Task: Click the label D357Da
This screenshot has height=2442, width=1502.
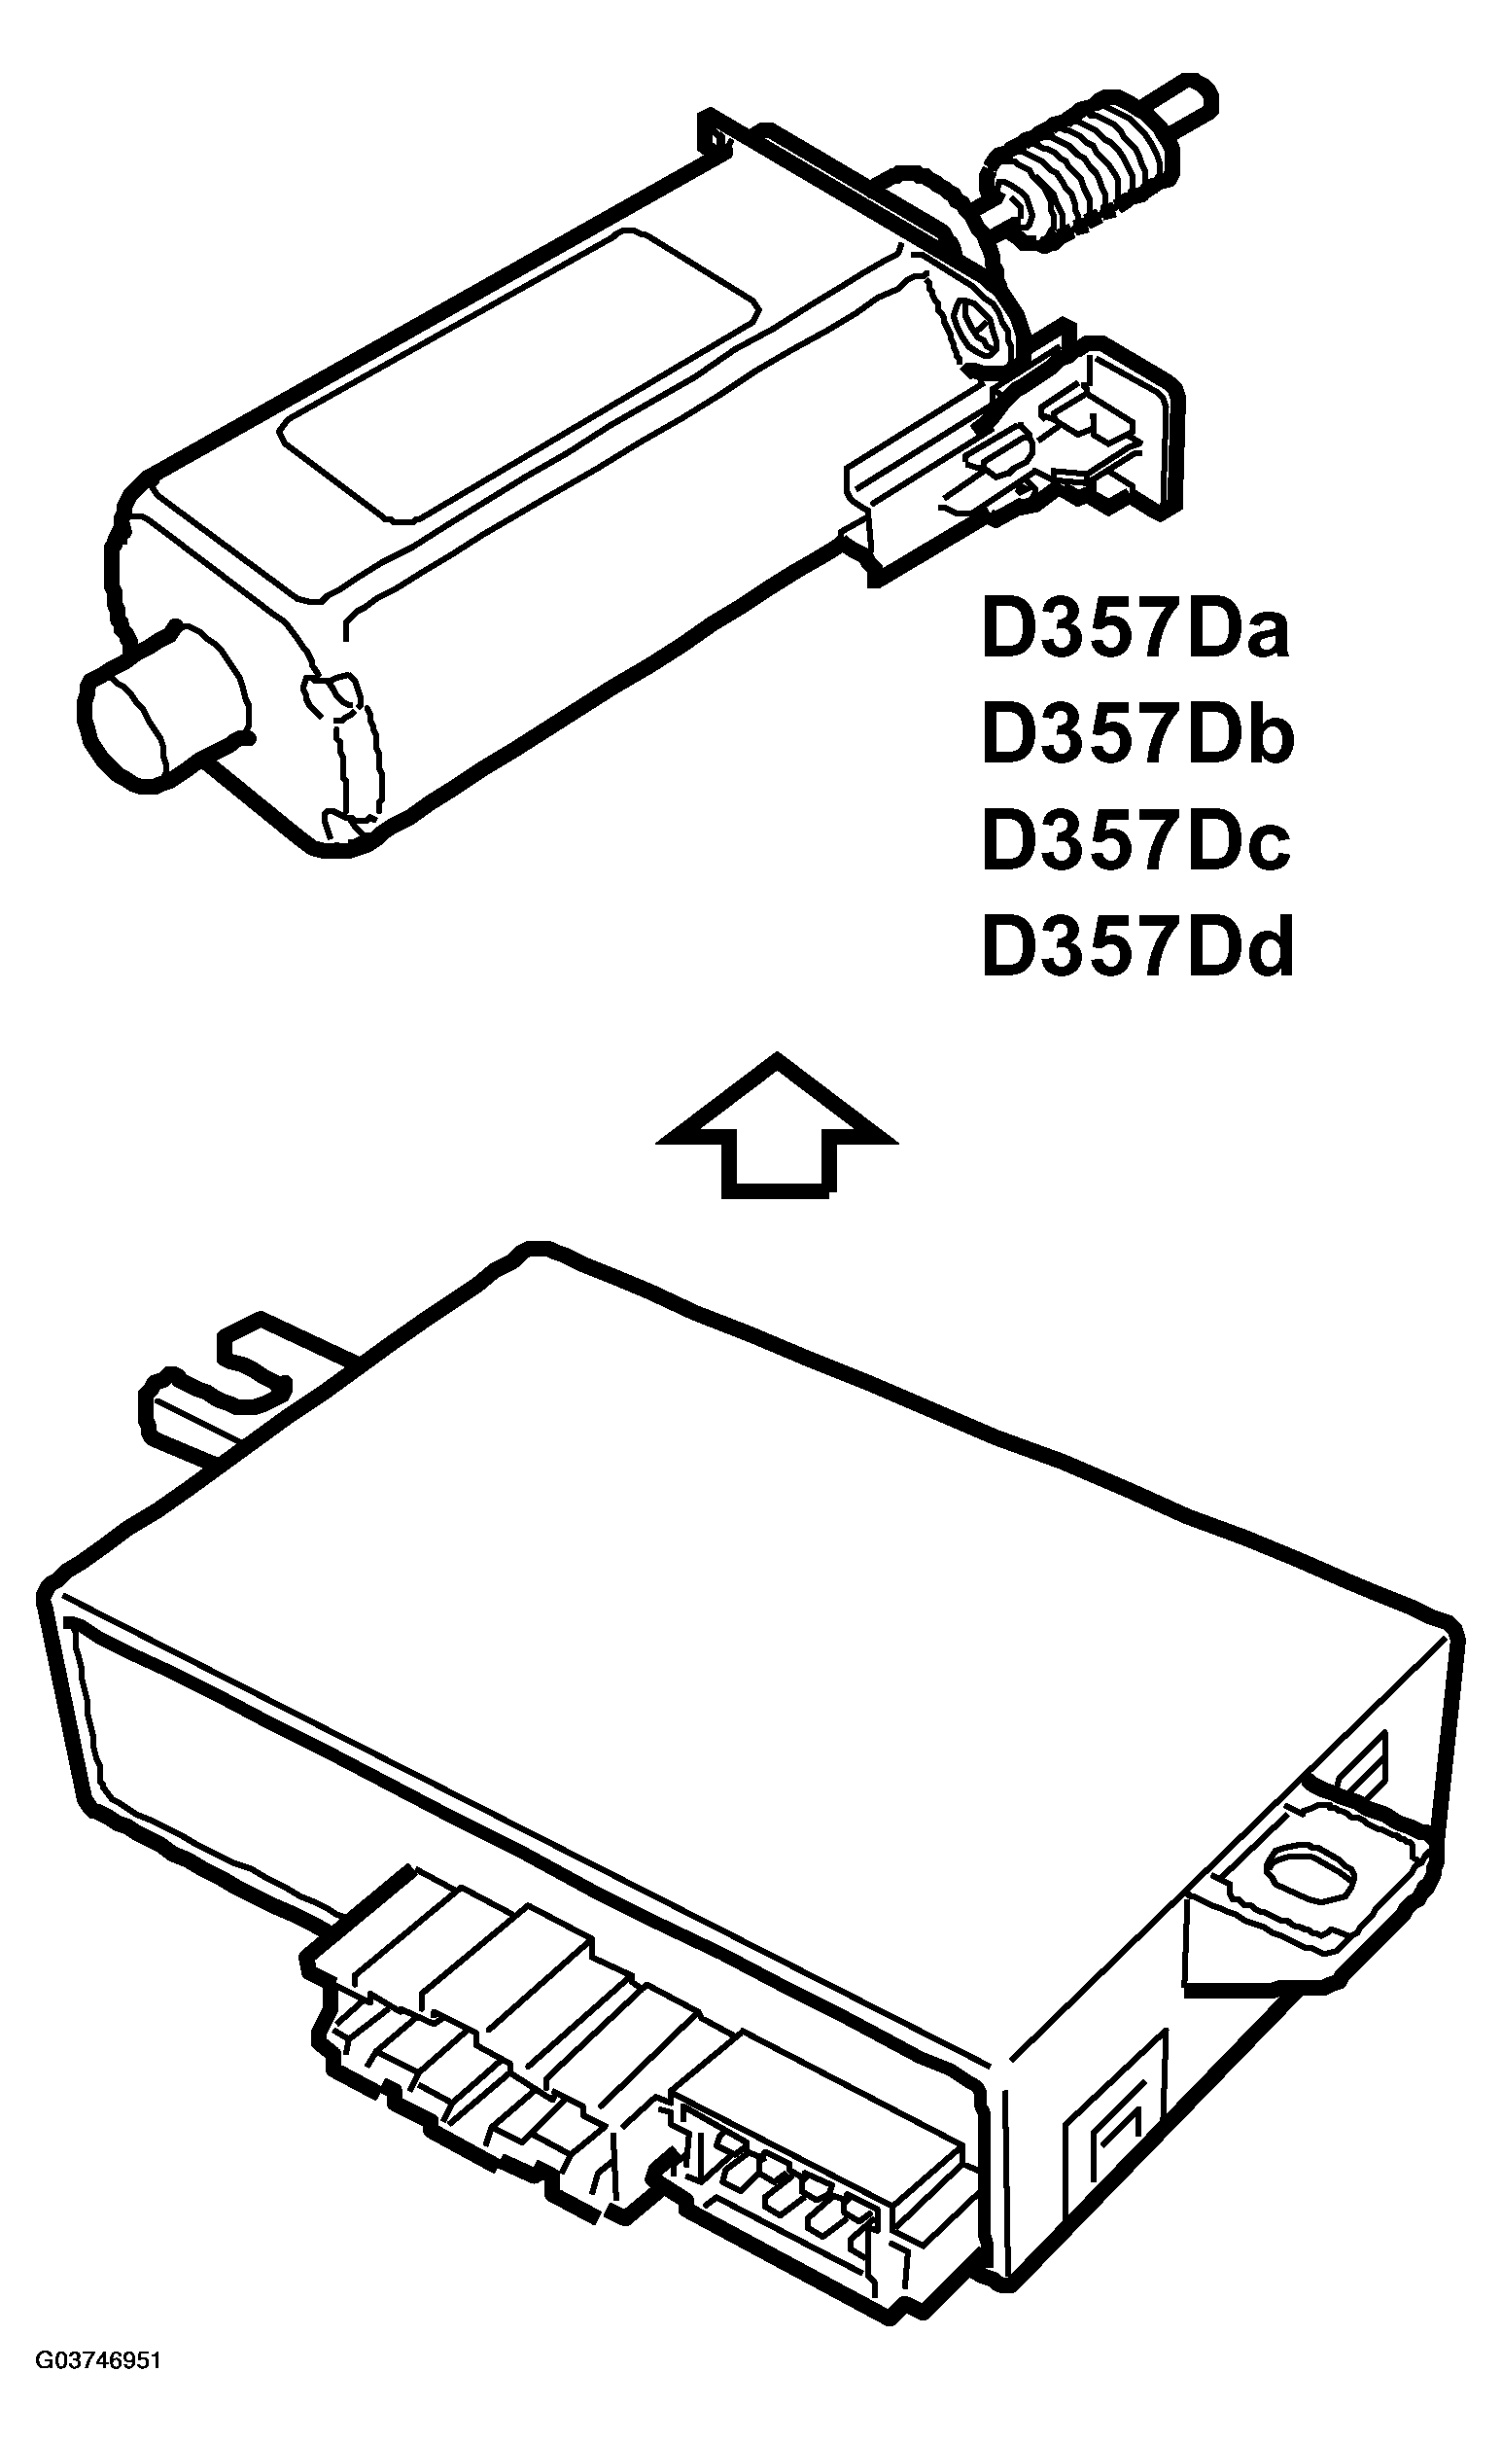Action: point(1135,629)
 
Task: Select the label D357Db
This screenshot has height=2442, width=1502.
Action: point(1137,735)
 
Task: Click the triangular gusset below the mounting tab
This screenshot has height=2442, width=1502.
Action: point(1232,1947)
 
